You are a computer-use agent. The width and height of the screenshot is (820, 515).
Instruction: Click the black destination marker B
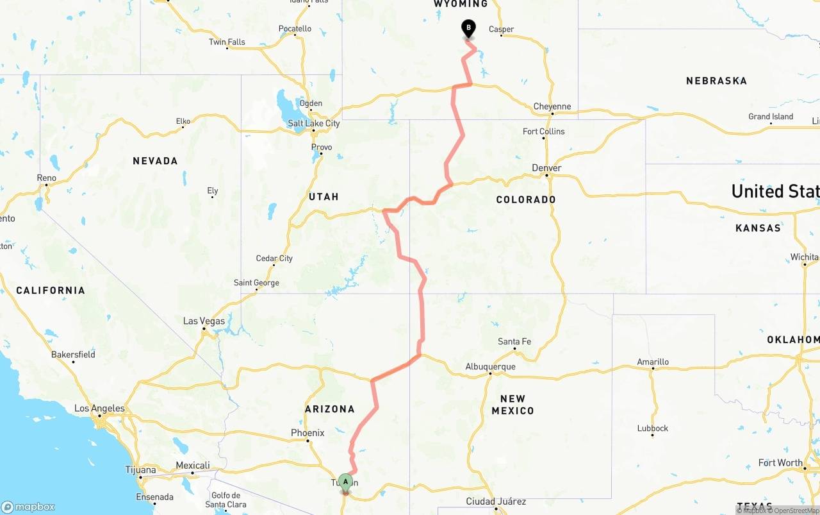(468, 28)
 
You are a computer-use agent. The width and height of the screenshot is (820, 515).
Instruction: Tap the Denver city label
(546, 168)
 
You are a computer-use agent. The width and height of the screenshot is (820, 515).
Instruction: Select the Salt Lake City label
(314, 124)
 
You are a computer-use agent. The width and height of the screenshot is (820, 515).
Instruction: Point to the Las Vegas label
(204, 321)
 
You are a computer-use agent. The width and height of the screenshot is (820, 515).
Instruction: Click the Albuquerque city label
(490, 367)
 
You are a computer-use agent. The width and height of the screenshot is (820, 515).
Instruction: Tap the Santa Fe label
(514, 342)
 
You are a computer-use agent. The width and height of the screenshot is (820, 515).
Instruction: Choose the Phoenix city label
(307, 433)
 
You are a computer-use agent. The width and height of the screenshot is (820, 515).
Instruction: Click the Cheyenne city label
(552, 106)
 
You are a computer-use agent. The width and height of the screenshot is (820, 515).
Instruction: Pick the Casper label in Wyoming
(501, 29)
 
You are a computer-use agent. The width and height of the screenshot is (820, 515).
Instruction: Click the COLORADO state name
(526, 199)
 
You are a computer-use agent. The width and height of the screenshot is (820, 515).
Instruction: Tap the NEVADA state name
(155, 161)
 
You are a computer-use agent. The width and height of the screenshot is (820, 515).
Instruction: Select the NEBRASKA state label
(716, 81)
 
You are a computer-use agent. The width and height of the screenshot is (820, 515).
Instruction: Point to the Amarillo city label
(653, 362)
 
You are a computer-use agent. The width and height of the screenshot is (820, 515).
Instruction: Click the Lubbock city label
(653, 428)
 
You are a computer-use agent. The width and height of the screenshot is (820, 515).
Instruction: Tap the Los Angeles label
(99, 409)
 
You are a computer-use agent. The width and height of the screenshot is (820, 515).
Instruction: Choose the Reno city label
(47, 178)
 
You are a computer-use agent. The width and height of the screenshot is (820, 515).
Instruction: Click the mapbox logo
(28, 507)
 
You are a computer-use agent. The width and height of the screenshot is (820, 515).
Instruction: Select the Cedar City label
(274, 258)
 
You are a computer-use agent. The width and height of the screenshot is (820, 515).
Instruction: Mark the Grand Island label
(771, 117)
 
